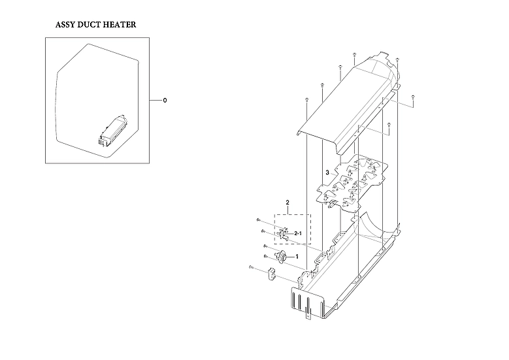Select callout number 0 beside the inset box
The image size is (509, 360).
click(x=165, y=101)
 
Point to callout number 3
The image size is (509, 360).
click(x=327, y=172)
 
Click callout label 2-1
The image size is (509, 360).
click(x=298, y=233)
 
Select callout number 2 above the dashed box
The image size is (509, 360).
click(x=287, y=203)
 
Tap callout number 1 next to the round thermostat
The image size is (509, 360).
click(x=297, y=257)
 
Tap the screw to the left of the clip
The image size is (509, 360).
click(x=251, y=267)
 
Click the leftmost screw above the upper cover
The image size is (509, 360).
click(x=306, y=99)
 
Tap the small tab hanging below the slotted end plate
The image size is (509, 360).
click(x=308, y=319)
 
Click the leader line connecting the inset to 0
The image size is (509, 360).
click(x=154, y=101)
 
